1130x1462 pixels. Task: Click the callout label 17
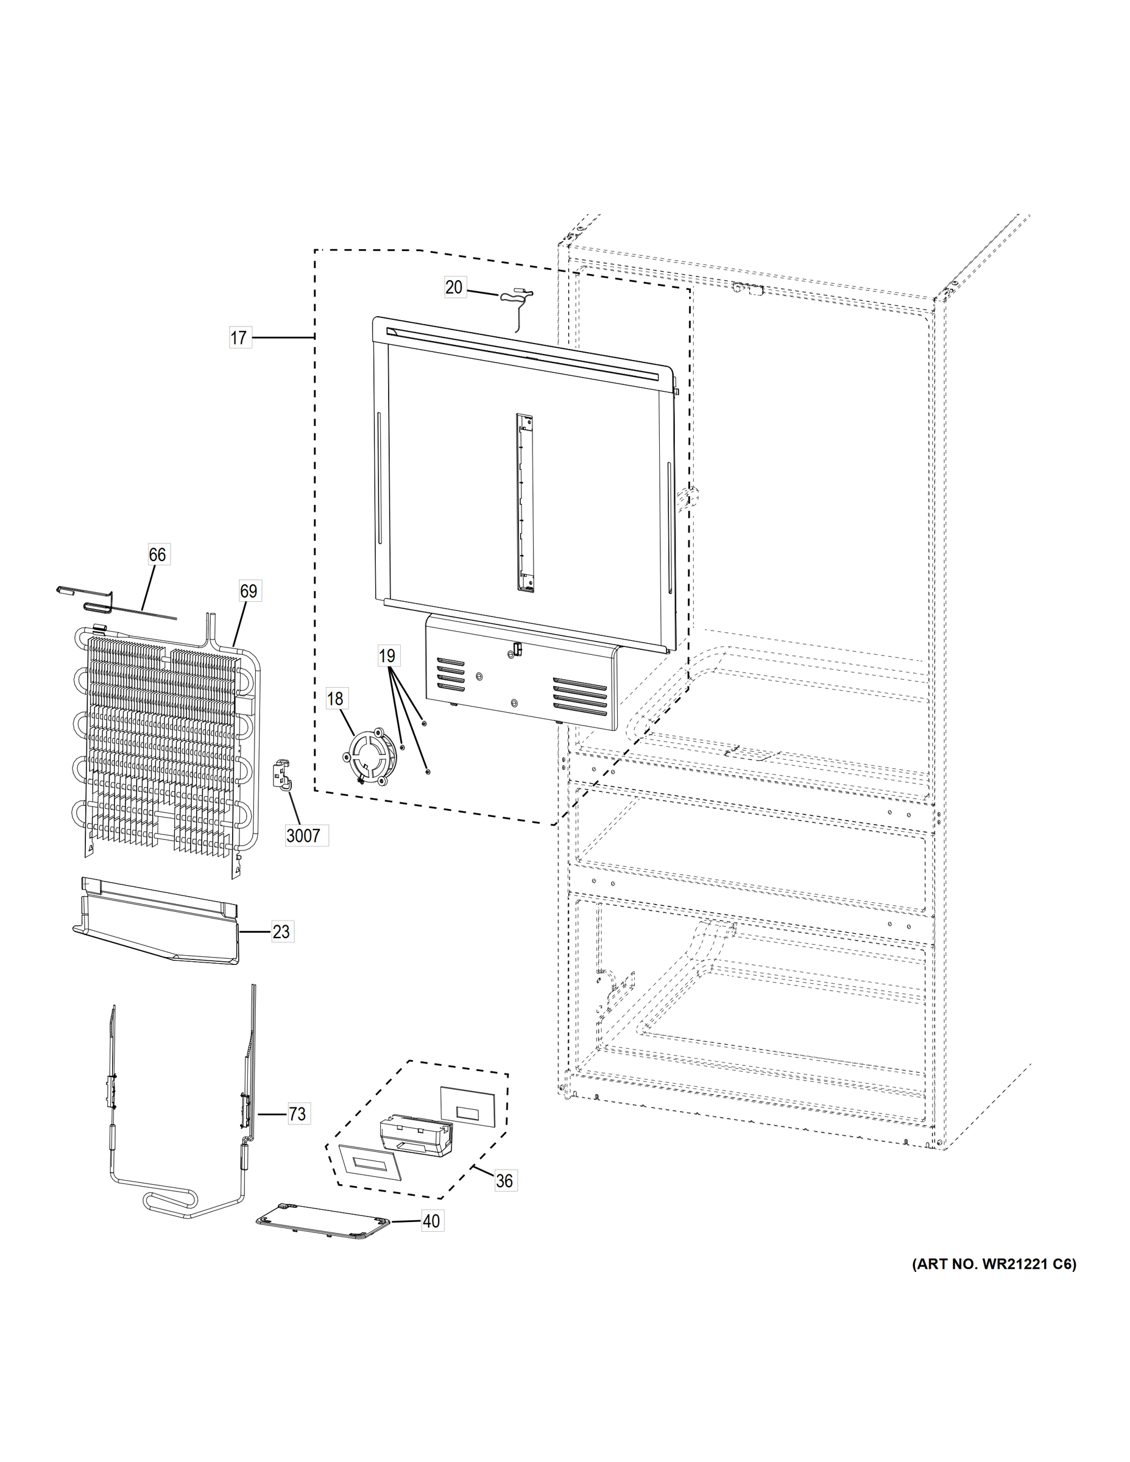click(x=239, y=338)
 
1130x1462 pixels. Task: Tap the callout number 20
click(x=454, y=287)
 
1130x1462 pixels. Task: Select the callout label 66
click(x=157, y=554)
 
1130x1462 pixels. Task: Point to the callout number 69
click(x=249, y=591)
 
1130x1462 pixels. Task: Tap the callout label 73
click(x=297, y=1114)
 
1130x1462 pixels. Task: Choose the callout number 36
click(x=504, y=1181)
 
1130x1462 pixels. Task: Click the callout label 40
click(x=431, y=1221)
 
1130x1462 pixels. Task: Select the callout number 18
click(x=334, y=699)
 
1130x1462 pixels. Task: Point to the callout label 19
click(x=387, y=656)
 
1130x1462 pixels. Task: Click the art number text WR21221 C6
click(x=994, y=1265)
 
